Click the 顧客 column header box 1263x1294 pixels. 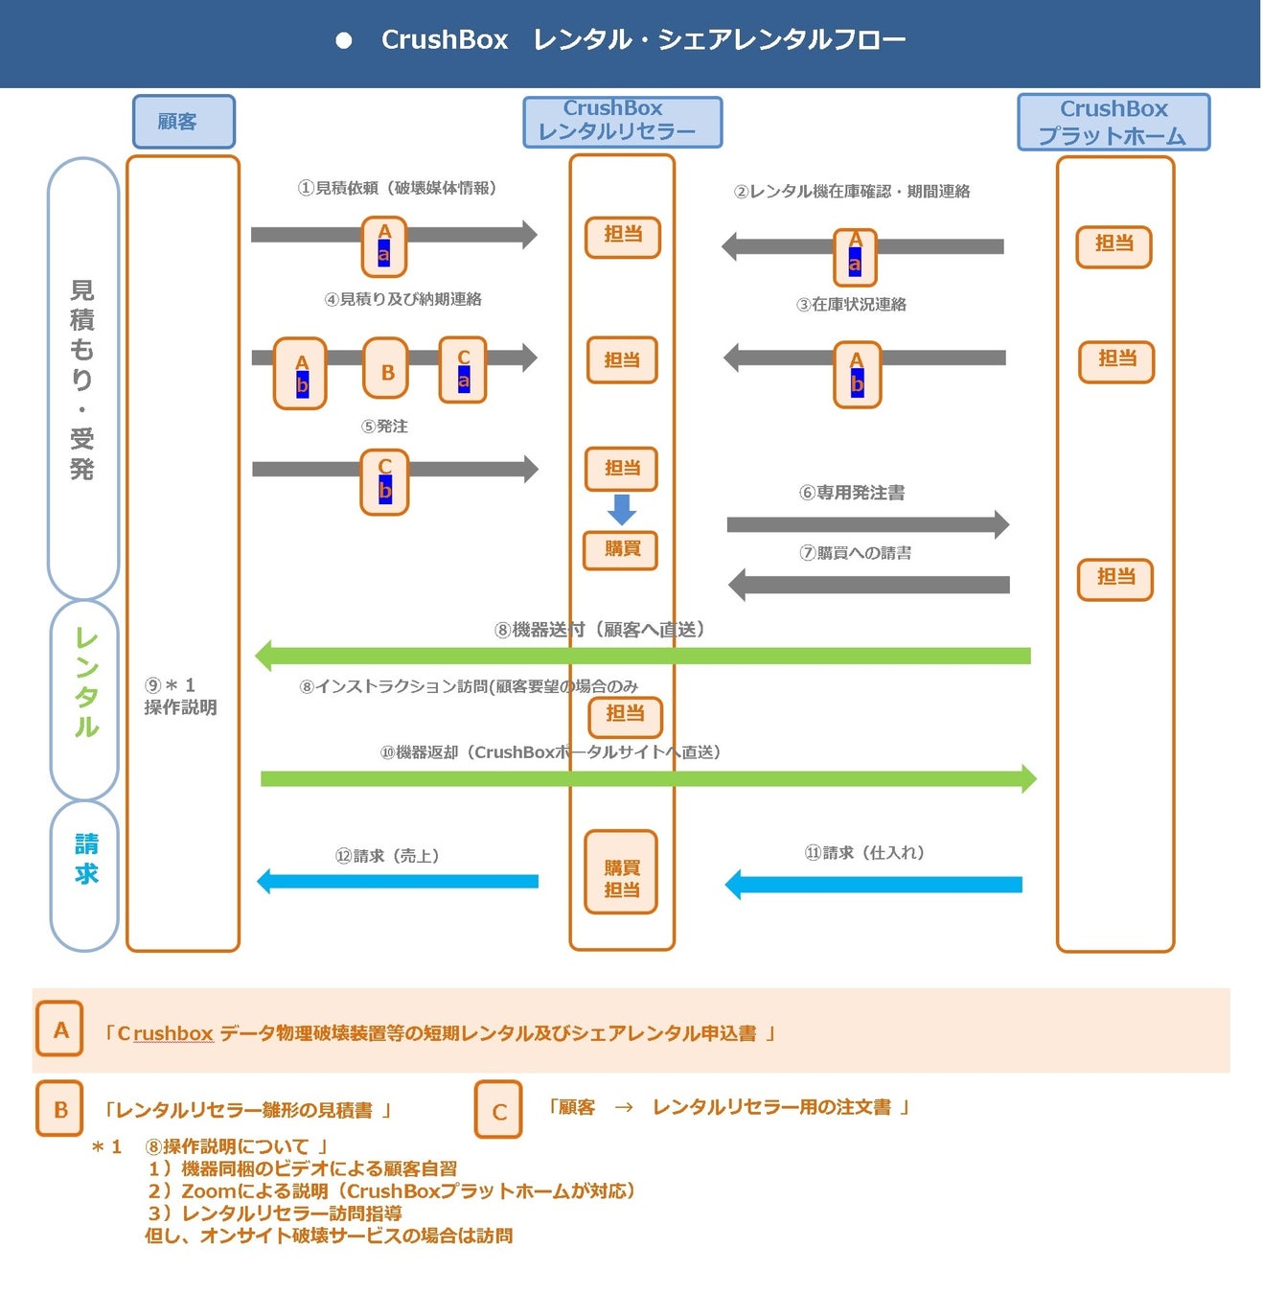183,122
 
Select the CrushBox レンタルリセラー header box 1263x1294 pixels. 622,122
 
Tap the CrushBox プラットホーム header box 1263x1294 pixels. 1113,122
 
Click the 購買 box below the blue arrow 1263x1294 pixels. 621,549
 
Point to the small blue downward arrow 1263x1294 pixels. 622,509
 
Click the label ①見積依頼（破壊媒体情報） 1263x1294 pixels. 397,188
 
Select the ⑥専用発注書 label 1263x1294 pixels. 852,493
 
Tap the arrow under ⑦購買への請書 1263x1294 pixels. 868,585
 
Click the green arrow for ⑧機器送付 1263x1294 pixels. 642,656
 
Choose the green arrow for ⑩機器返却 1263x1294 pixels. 648,778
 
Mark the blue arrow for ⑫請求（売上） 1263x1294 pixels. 398,881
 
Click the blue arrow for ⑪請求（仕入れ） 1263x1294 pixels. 873,885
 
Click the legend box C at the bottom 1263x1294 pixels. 498,1109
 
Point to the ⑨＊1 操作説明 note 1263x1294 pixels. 180,696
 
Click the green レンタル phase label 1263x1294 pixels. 85,682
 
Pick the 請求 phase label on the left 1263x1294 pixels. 85,859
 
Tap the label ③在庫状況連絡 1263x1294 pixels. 851,305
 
